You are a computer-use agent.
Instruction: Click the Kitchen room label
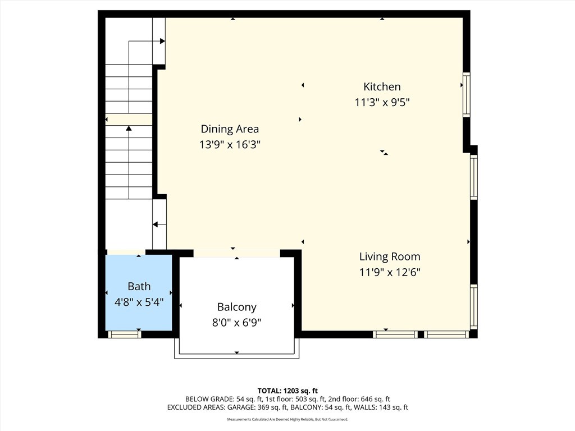[382, 86]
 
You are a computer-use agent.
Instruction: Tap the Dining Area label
[230, 129]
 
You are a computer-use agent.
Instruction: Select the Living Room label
[390, 256]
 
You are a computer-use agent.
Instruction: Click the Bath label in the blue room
[139, 286]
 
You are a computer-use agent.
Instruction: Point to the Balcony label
[236, 307]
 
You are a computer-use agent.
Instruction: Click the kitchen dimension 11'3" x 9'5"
[382, 102]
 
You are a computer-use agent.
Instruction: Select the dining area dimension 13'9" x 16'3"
[230, 144]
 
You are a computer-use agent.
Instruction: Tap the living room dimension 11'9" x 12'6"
[390, 272]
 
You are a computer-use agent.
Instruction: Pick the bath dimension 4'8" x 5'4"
[139, 301]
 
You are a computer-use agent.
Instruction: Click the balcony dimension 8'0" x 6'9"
[236, 322]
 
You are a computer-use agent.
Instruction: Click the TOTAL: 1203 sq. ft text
[287, 391]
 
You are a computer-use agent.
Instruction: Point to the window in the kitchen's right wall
[466, 94]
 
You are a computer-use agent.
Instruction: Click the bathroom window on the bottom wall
[124, 334]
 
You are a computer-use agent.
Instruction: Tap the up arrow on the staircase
[129, 129]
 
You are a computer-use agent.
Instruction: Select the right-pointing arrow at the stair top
[162, 41]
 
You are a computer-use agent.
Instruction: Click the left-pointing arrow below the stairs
[156, 224]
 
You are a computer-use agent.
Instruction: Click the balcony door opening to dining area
[236, 253]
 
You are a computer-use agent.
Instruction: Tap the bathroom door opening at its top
[126, 252]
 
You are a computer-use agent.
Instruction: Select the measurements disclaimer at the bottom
[287, 419]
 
